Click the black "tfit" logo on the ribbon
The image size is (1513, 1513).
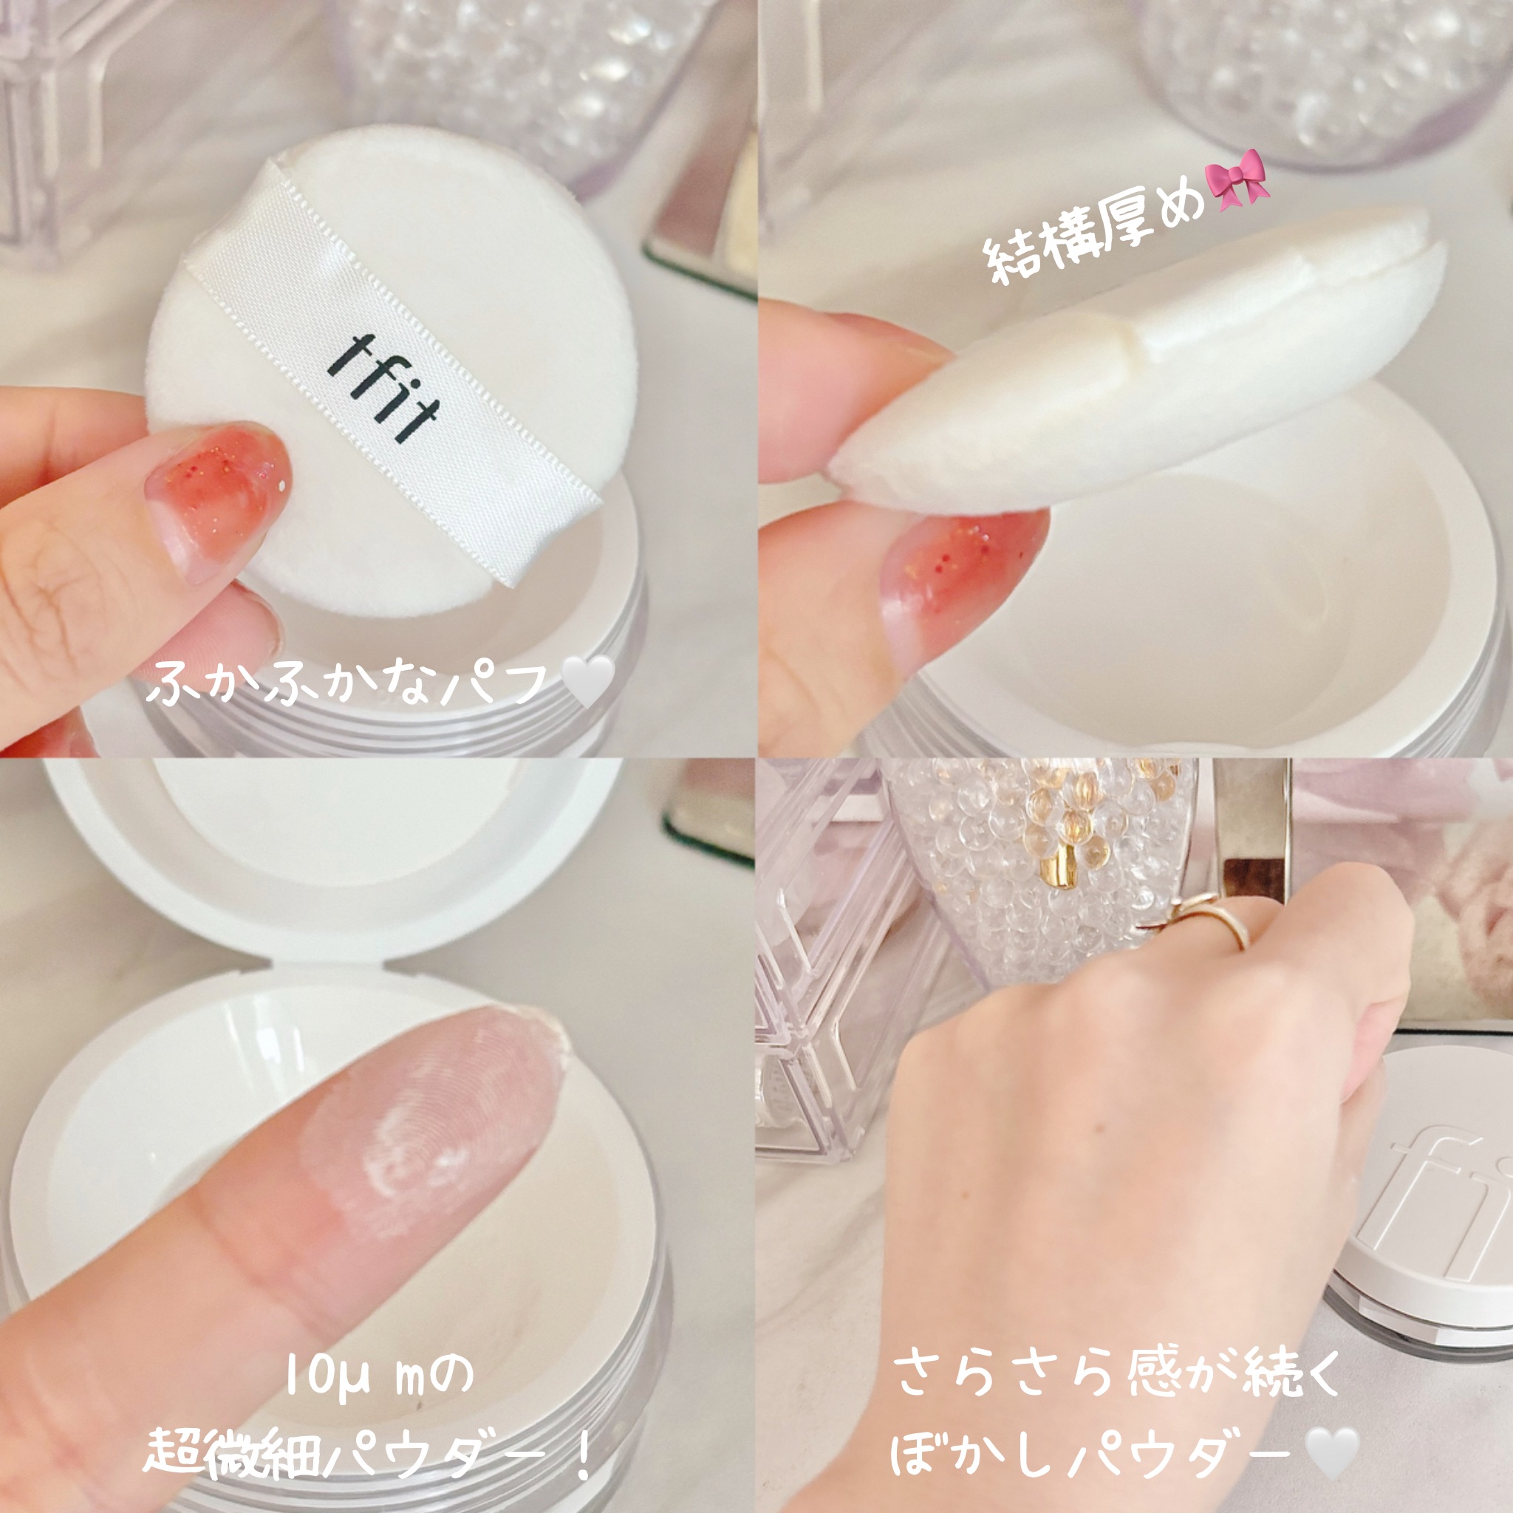tap(383, 390)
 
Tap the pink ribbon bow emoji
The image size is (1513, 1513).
tap(1238, 179)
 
